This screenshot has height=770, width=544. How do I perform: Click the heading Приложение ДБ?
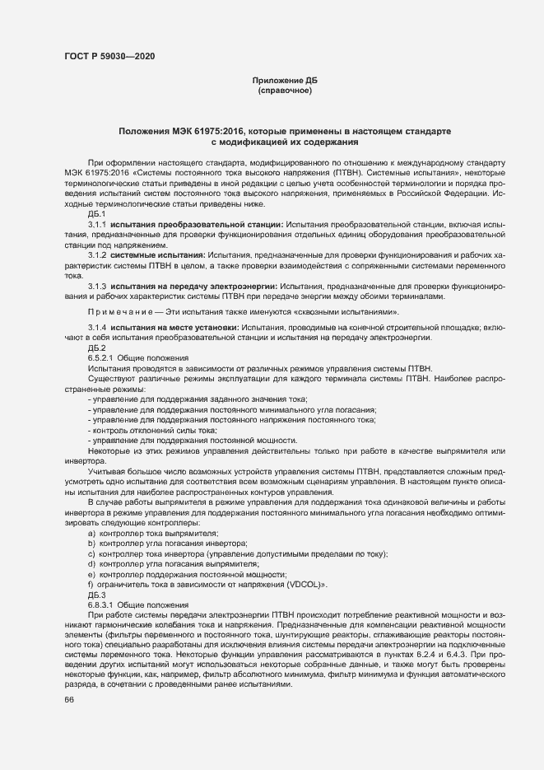point(285,80)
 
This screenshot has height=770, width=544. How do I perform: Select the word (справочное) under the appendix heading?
point(285,90)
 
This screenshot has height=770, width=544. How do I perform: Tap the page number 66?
point(69,700)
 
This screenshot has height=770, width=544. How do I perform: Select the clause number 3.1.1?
point(98,224)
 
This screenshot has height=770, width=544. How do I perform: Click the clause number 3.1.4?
point(98,328)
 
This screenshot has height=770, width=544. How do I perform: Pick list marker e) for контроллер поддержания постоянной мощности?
point(91,574)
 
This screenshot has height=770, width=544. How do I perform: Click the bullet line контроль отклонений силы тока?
point(147,430)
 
